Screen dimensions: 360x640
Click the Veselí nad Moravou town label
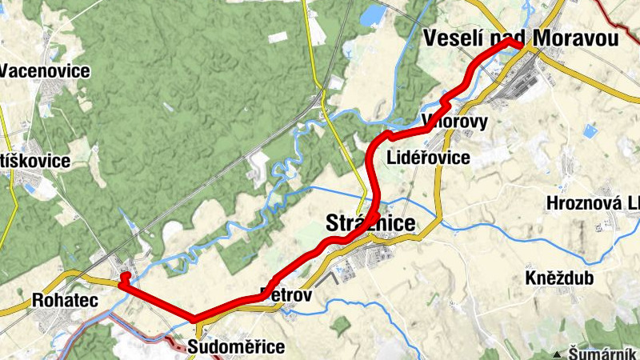[521, 37]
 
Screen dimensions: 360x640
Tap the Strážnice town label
[371, 223]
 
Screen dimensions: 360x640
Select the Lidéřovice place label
[428, 158]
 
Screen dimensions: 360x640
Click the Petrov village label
[285, 296]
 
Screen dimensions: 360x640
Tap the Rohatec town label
[53, 301]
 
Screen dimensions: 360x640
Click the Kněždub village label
[561, 279]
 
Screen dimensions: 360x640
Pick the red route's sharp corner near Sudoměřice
[194, 318]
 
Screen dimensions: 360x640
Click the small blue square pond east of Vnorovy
[590, 130]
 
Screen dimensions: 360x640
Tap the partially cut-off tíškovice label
[35, 161]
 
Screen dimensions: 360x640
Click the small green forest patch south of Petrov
[341, 325]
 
